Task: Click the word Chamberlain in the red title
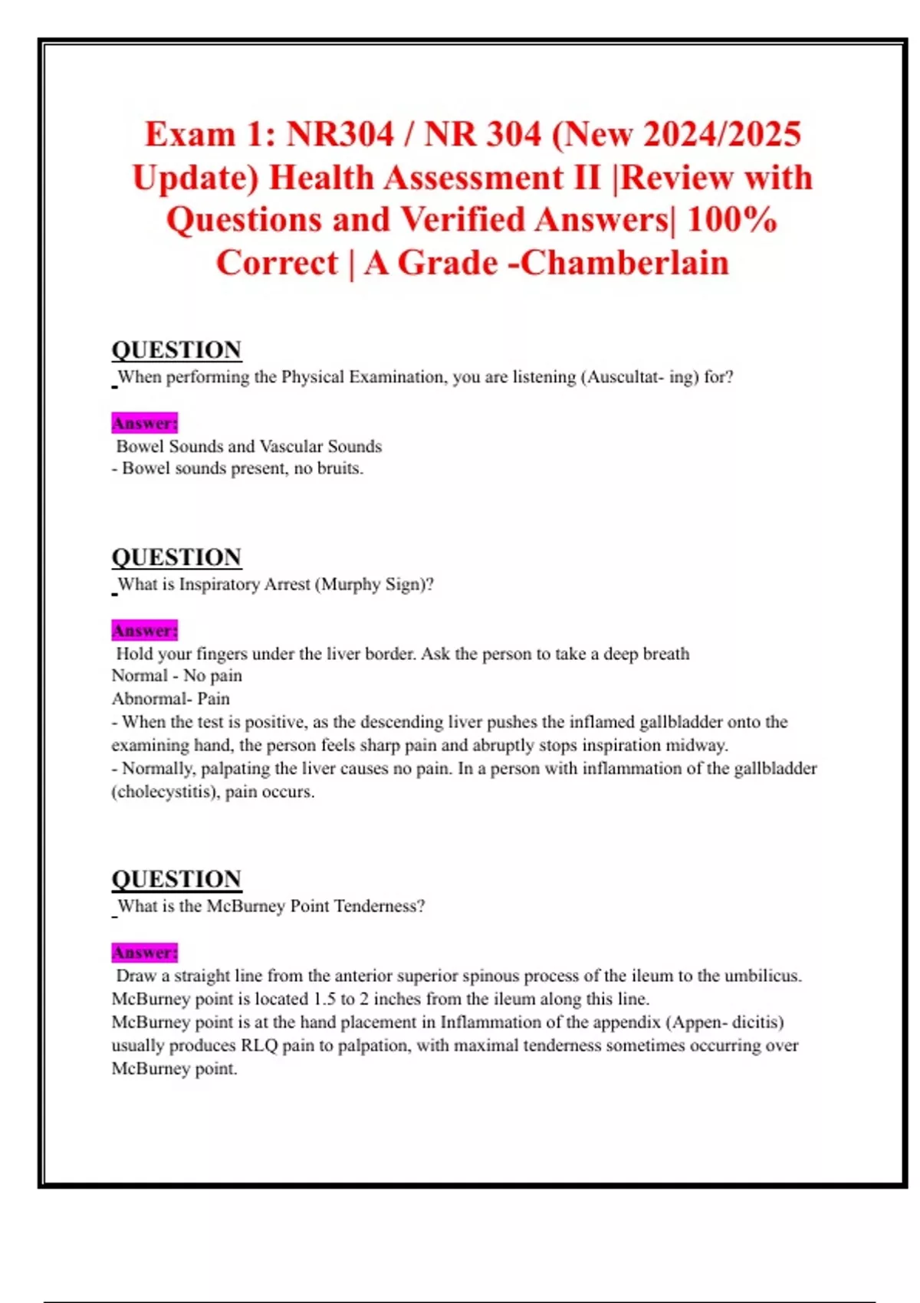point(626,263)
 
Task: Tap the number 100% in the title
point(732,220)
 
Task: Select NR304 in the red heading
point(340,134)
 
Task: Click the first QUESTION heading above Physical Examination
point(176,350)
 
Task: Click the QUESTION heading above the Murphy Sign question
point(176,557)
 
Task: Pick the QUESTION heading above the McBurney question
point(176,879)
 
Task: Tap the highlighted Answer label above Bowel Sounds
point(145,423)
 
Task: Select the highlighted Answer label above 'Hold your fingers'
point(145,631)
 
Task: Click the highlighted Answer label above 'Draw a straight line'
point(145,953)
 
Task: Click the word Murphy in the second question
point(350,584)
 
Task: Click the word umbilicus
point(762,976)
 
